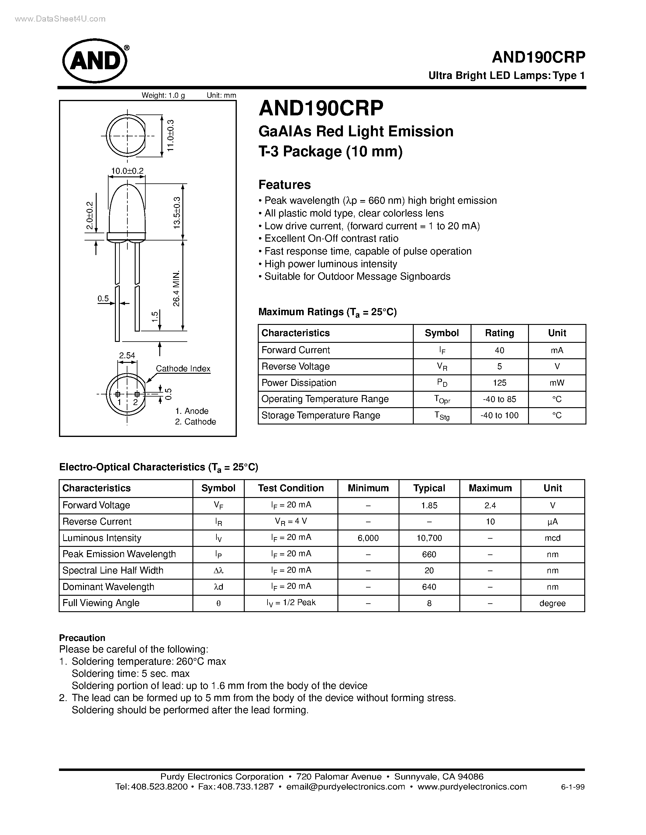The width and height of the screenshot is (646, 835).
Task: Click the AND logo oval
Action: coord(95,61)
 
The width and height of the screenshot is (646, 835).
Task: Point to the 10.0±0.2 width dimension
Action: coord(127,171)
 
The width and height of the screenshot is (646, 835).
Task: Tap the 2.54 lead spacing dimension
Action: coord(127,355)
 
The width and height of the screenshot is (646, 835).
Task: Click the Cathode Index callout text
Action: coord(183,369)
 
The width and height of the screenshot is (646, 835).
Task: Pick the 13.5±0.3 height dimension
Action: coord(176,213)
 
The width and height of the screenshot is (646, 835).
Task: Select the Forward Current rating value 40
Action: coord(499,350)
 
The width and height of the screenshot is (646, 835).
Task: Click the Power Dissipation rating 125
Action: coord(499,383)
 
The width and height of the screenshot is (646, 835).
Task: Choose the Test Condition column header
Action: coord(290,488)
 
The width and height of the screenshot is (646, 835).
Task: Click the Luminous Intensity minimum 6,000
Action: coord(368,538)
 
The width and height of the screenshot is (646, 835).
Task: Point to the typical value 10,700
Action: coord(429,538)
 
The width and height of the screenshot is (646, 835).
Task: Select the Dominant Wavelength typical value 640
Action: coord(429,587)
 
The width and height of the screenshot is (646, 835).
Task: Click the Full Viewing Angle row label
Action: coord(101,603)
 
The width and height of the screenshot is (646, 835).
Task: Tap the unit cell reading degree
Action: coord(552,603)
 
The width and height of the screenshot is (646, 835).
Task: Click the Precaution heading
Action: coord(82,638)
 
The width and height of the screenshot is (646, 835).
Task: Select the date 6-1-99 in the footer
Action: coord(572,787)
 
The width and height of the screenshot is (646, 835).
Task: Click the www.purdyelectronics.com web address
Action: coord(472,786)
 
